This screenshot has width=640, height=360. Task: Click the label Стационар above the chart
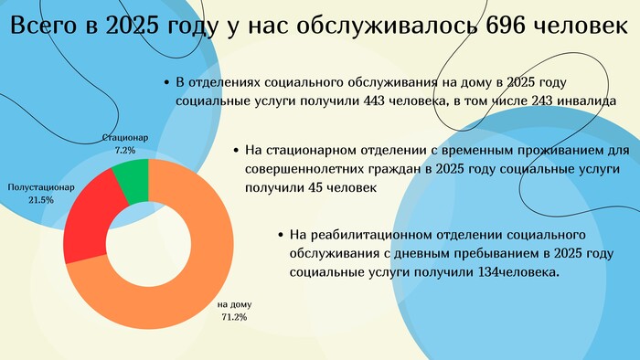(125, 137)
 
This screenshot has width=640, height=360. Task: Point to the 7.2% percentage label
(125, 150)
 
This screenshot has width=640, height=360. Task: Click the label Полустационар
(41, 187)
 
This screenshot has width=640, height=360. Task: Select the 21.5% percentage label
(41, 200)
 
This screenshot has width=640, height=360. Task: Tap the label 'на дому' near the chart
(234, 304)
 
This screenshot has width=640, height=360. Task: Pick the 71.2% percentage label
(234, 317)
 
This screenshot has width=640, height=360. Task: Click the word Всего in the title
(43, 26)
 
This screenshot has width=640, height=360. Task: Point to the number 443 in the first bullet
(374, 101)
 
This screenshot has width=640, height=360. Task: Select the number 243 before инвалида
(542, 101)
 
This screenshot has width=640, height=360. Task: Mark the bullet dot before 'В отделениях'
(166, 83)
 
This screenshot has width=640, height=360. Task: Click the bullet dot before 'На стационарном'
(236, 151)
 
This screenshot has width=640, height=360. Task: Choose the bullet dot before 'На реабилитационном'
(280, 235)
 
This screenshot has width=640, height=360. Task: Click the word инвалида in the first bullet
(587, 101)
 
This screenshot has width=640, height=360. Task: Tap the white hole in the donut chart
(148, 244)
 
